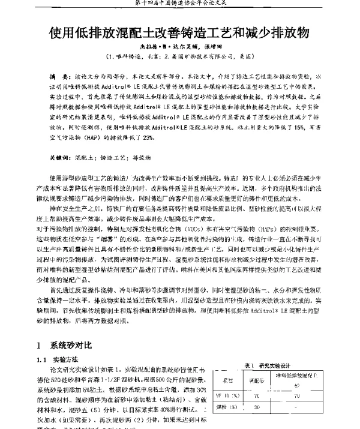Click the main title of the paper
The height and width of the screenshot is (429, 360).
point(180,31)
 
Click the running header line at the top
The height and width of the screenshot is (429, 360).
point(180,5)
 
